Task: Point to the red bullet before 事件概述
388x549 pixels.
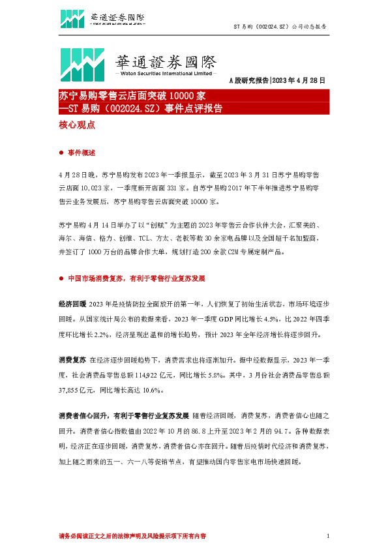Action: coord(61,153)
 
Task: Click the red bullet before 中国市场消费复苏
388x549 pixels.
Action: coord(61,278)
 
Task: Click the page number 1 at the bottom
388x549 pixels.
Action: coord(327,535)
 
